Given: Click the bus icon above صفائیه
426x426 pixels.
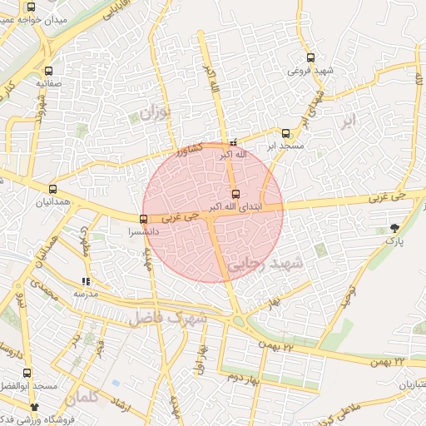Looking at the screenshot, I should point(49,71).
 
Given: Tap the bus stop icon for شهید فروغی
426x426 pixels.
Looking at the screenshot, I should point(310,57).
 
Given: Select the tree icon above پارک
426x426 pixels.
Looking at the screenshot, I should point(394,227).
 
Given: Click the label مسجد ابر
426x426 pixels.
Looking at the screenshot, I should point(285,146).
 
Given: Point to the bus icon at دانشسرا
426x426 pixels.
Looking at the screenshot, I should point(143,219).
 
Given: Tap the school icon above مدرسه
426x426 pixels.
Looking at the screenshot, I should point(86,281).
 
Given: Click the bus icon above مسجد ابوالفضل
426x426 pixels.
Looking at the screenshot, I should point(27,374).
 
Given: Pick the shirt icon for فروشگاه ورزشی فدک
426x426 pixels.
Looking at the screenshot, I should point(35,407).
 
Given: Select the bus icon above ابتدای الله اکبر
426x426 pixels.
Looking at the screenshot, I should point(235,194).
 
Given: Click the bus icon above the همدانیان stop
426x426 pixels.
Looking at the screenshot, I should point(53,189).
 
